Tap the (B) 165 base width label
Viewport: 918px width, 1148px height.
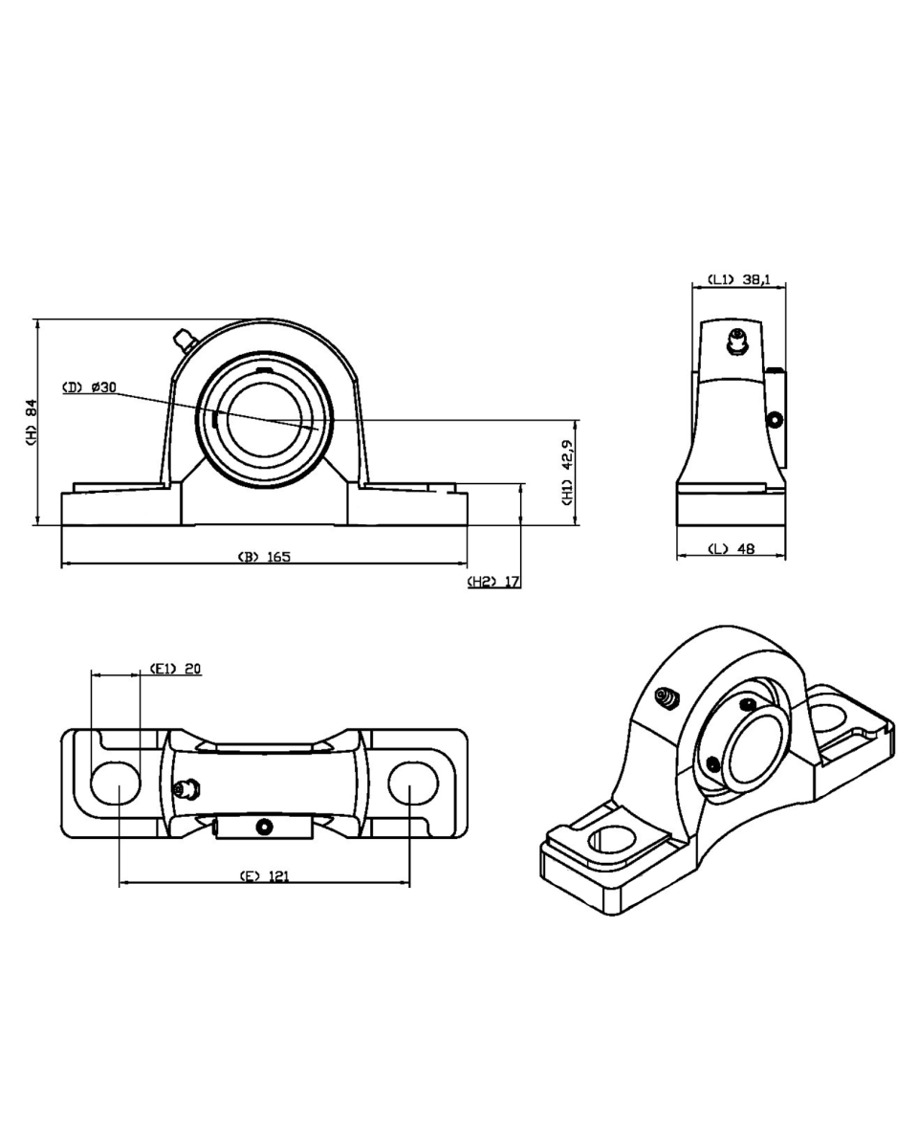click(x=264, y=557)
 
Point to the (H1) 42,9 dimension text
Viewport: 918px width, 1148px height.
click(x=566, y=472)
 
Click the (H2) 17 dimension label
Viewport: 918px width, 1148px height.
click(x=493, y=582)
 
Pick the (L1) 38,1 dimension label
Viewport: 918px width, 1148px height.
click(x=738, y=280)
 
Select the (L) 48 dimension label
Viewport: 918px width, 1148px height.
click(x=731, y=549)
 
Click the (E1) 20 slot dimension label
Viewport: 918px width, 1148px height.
click(x=175, y=669)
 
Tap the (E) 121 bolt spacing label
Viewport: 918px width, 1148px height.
click(x=264, y=875)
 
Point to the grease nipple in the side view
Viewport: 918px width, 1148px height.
click(x=736, y=340)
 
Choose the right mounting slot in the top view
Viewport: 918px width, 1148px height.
click(x=412, y=783)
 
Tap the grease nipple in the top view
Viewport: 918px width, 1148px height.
click(x=186, y=788)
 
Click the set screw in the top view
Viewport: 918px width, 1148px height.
click(x=265, y=825)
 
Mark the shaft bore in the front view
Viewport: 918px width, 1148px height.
click(x=265, y=420)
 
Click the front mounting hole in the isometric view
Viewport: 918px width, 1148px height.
click(x=612, y=842)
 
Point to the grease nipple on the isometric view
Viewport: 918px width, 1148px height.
click(x=666, y=699)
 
